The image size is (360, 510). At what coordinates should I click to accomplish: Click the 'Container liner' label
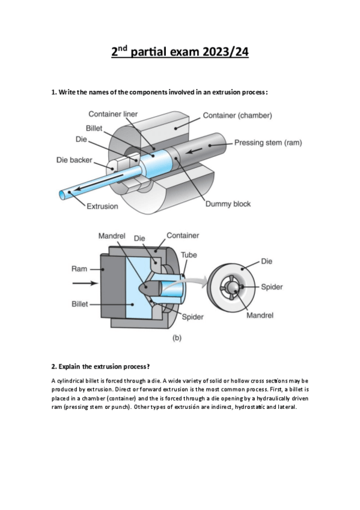[x=113, y=114]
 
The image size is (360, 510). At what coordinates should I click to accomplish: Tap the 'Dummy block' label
[x=228, y=204]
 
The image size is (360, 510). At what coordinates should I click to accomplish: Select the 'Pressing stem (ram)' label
[x=268, y=143]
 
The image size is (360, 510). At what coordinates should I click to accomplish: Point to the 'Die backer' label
[x=75, y=160]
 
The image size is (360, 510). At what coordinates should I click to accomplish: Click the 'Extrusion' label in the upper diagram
[x=102, y=206]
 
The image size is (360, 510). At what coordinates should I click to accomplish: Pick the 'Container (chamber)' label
[x=237, y=115]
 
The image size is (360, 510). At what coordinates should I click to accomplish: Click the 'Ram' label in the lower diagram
[x=79, y=269]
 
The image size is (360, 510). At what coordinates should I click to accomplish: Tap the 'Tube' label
[x=189, y=254]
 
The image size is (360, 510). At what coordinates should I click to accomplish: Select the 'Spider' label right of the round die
[x=272, y=287]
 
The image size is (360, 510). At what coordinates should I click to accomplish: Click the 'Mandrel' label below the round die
[x=260, y=315]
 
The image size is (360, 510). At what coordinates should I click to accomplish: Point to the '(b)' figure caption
[x=177, y=338]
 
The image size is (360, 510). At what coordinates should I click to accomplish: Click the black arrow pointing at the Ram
[x=85, y=283]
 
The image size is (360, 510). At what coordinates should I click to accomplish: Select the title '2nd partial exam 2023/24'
[x=180, y=52]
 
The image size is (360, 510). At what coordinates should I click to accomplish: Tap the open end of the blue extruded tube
[x=63, y=195]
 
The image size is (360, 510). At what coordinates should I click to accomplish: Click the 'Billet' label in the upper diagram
[x=94, y=129]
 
